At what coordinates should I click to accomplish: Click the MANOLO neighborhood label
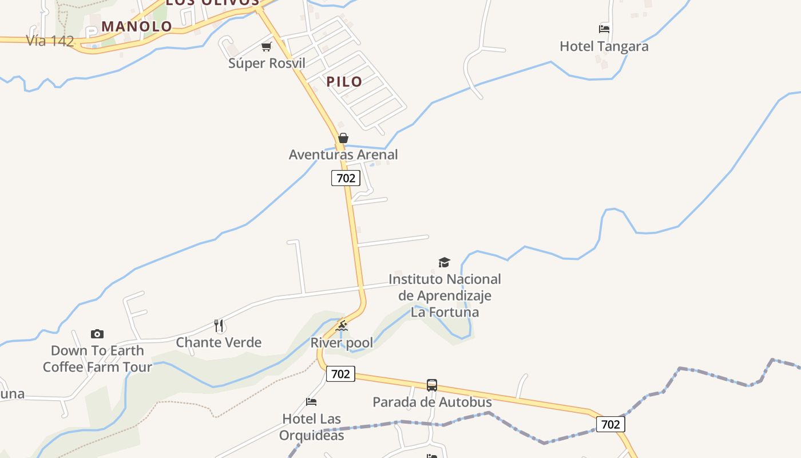point(137,26)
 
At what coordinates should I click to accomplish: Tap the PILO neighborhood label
point(344,81)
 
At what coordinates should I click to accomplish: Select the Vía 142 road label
point(50,41)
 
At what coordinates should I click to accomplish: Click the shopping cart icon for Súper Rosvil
point(266,47)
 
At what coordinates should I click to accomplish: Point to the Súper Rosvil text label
point(267,63)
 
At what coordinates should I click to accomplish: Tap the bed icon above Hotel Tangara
point(604,29)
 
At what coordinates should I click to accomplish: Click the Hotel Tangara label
point(604,46)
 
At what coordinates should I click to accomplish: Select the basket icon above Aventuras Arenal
point(343,138)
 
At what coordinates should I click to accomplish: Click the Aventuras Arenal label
point(343,155)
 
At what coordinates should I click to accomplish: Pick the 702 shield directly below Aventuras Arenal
point(346,178)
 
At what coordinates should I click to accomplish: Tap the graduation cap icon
point(444,262)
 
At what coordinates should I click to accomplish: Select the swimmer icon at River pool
point(342,326)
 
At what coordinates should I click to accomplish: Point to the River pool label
point(342,343)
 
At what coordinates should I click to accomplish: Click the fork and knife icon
point(219,326)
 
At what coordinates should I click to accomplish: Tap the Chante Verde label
point(219,342)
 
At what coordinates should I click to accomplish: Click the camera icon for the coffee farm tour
point(97,334)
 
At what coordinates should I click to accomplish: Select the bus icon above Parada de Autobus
point(432,385)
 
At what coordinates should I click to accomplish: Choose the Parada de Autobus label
point(432,402)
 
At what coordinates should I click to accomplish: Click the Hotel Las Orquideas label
point(312,427)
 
